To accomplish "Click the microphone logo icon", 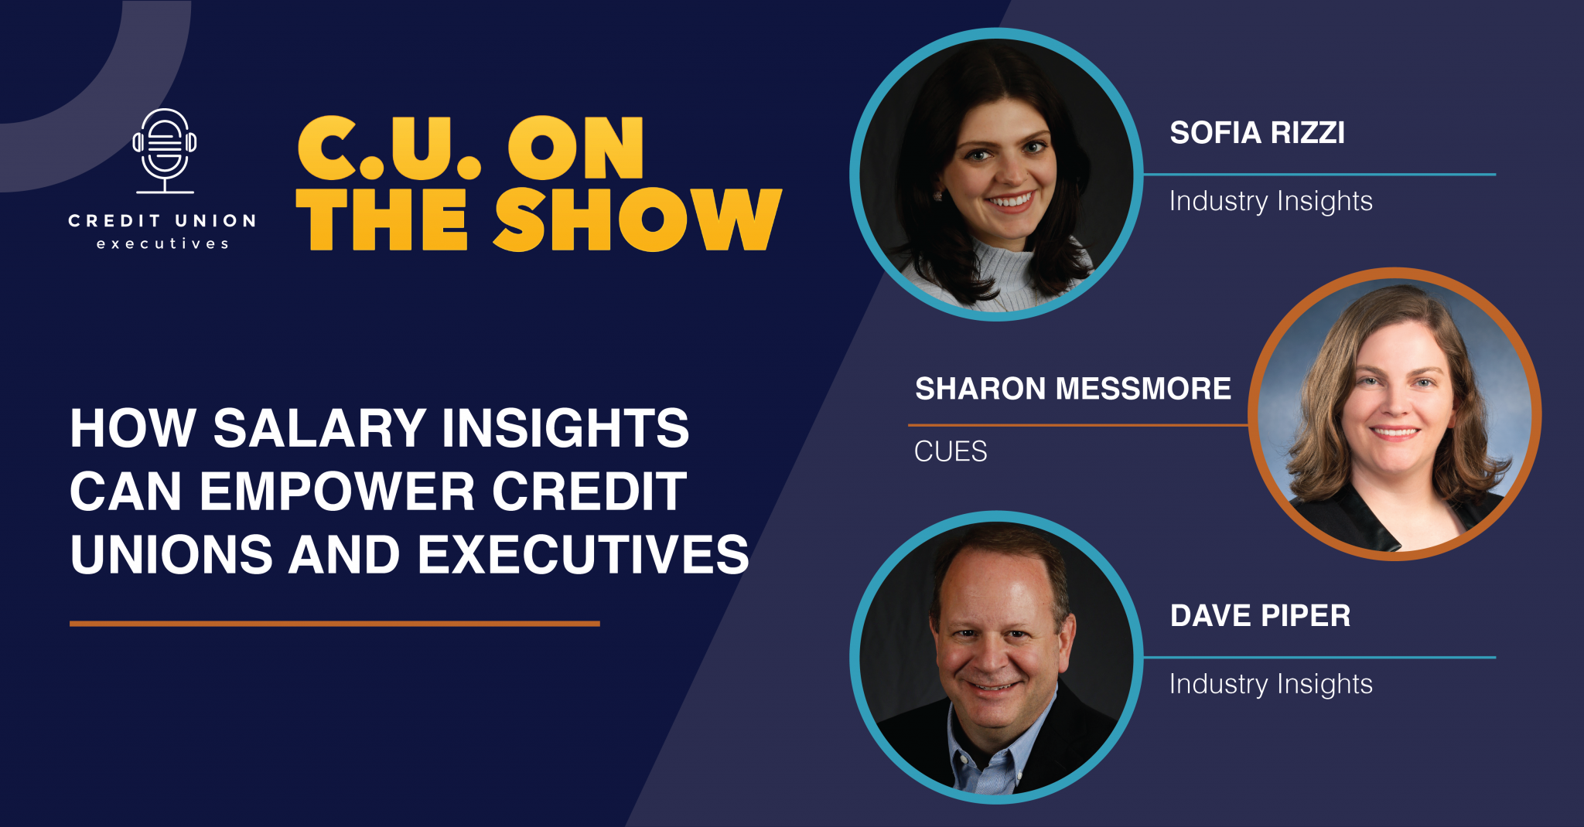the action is click(x=165, y=151).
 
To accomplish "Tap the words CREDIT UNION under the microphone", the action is click(x=162, y=221).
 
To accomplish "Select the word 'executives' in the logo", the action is click(x=162, y=244).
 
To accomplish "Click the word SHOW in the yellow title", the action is click(x=638, y=220).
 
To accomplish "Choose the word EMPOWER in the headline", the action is click(x=338, y=492).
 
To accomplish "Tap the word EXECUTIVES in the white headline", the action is click(x=584, y=555).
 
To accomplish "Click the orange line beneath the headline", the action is click(x=335, y=623).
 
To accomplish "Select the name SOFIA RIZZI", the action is click(x=1258, y=133).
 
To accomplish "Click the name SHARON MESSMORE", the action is click(x=1074, y=389).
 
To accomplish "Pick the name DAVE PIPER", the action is click(x=1261, y=616).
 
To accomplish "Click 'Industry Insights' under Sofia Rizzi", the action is click(x=1271, y=202).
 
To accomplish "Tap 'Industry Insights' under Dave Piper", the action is click(x=1271, y=685).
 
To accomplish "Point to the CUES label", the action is click(x=951, y=451).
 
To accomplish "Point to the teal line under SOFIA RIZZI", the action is click(x=1319, y=175).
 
